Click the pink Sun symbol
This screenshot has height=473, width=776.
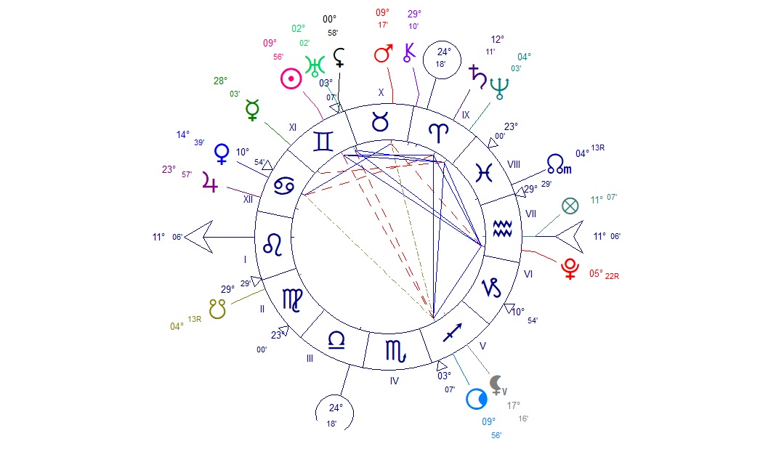[x=291, y=78]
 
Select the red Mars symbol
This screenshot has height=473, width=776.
[x=383, y=54]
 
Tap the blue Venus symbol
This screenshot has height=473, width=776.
[x=221, y=153]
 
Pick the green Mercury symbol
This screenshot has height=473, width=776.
[x=252, y=110]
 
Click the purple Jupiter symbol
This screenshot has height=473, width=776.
[x=210, y=182]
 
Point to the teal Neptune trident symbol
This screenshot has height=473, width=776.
[x=499, y=89]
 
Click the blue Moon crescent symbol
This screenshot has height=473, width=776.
[x=477, y=399]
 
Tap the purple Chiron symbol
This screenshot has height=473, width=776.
[x=409, y=52]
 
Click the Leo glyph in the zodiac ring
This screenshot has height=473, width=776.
[x=272, y=244]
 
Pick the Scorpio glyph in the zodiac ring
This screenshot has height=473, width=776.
[x=396, y=352]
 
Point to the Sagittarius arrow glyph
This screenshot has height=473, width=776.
[x=452, y=333]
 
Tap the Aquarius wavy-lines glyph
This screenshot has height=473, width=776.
[x=502, y=229]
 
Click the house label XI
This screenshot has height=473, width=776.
[x=293, y=128]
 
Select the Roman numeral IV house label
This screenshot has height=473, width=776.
[x=394, y=381]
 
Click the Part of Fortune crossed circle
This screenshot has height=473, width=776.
[x=570, y=206]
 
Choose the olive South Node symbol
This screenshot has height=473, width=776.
[x=217, y=309]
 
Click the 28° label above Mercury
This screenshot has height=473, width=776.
[x=220, y=81]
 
